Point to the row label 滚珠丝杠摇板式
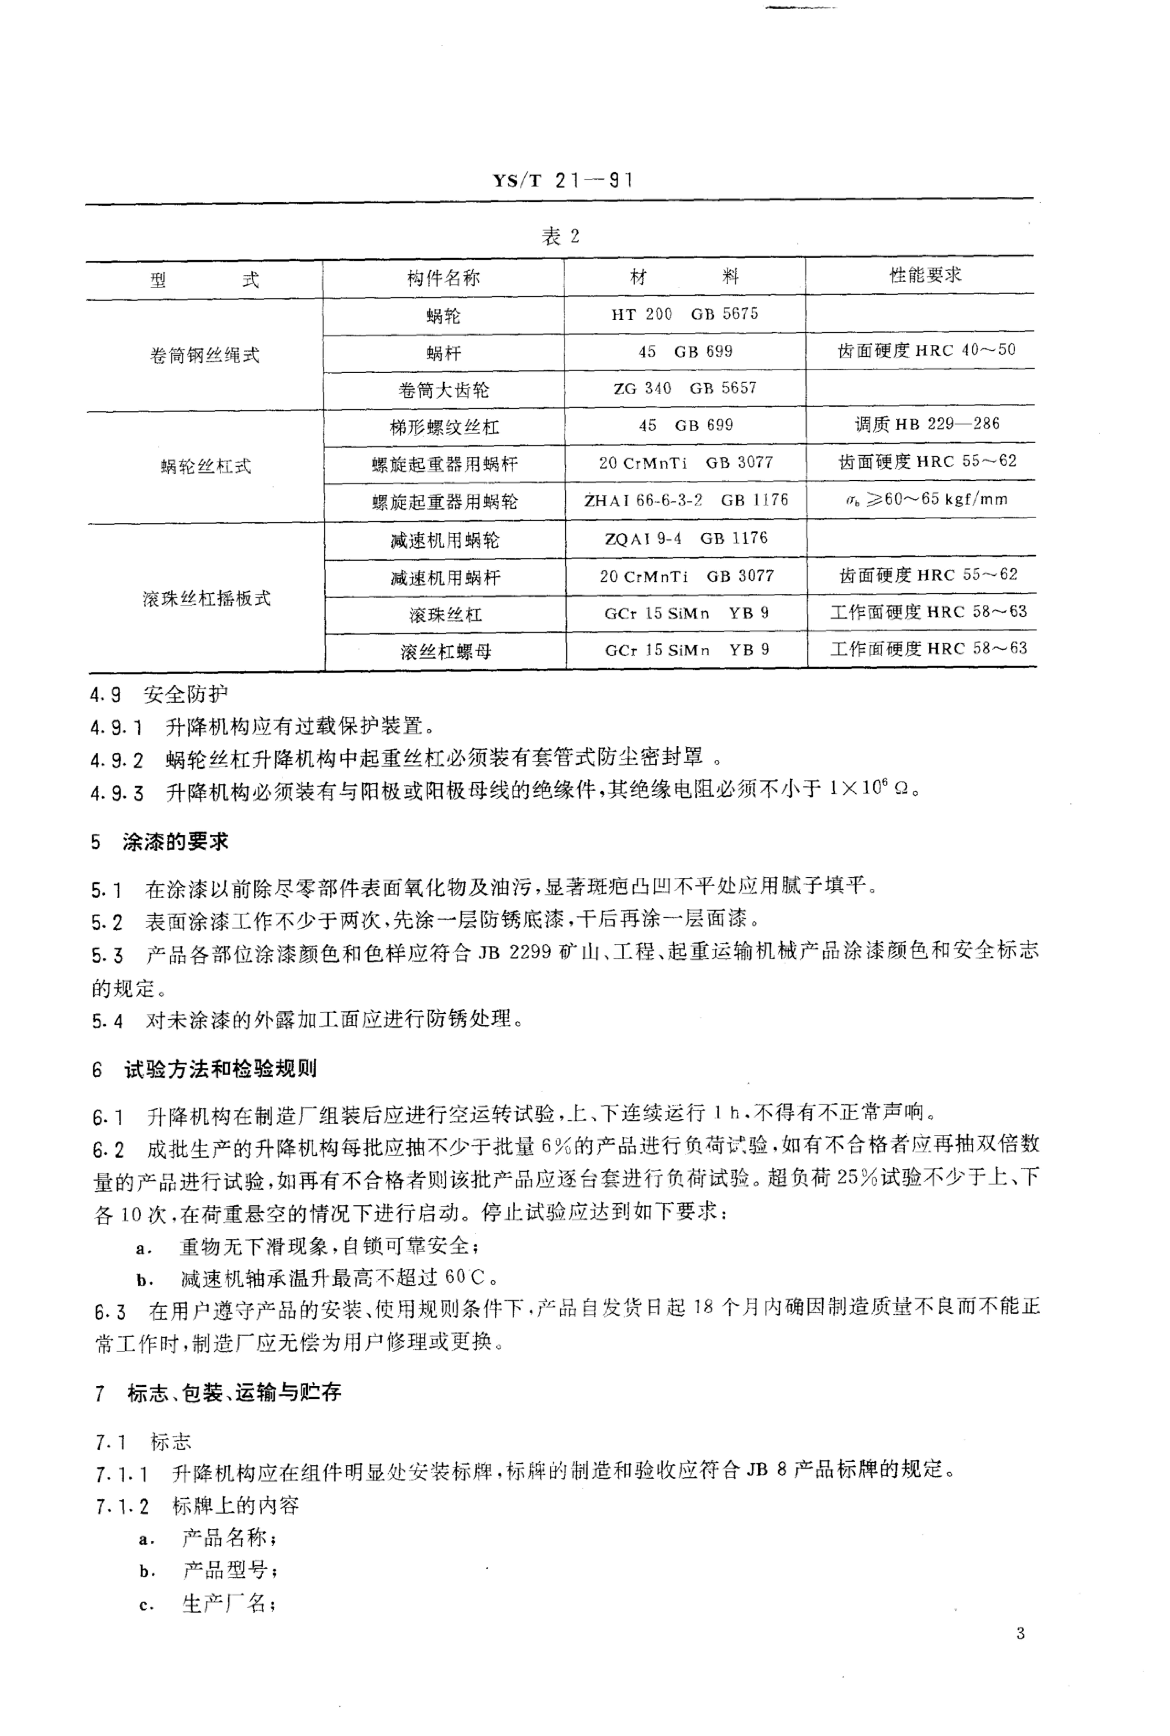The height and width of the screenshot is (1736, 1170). click(x=207, y=598)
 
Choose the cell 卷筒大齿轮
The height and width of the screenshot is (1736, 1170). click(x=443, y=390)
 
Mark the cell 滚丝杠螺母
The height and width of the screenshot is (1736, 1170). click(x=445, y=652)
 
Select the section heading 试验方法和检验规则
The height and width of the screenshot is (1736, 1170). click(x=220, y=1069)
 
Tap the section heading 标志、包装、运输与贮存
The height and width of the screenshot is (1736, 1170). click(x=233, y=1392)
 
